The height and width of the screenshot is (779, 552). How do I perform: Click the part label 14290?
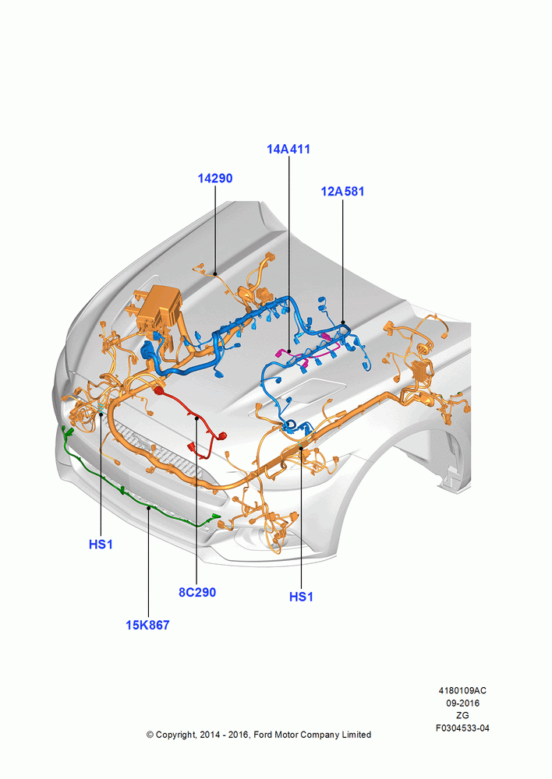215,178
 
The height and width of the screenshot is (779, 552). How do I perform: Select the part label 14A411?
288,149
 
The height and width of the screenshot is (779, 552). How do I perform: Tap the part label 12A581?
342,192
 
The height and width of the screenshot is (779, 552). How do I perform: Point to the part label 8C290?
197,592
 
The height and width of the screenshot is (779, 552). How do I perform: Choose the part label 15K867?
147,625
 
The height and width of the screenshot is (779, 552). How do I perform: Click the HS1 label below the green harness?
101,545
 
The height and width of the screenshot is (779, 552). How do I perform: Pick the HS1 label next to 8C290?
302,597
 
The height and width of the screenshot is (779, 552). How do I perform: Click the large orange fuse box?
158,307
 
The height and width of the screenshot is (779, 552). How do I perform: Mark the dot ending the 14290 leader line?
215,273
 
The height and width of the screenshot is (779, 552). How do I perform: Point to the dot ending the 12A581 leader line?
342,323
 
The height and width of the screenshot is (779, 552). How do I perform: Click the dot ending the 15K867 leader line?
149,508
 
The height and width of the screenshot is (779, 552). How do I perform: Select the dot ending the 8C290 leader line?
197,418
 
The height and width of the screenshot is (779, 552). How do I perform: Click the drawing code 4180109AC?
462,690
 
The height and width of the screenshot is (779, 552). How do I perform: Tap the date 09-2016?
462,703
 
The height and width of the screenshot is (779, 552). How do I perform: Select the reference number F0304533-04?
462,728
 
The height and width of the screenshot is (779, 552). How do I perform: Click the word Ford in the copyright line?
263,735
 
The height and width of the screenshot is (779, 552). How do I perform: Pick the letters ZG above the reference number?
462,715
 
